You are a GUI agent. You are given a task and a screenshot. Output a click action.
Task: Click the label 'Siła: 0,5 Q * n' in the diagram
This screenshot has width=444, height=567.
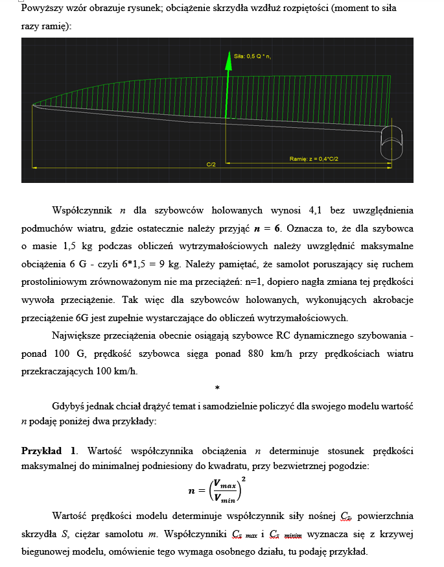point(253,56)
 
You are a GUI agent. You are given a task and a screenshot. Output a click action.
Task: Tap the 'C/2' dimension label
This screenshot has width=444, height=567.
point(211,165)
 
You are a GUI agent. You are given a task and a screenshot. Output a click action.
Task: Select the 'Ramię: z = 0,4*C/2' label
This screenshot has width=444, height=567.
point(314,158)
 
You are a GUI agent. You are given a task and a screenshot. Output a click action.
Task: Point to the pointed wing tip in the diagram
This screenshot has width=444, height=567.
point(34,105)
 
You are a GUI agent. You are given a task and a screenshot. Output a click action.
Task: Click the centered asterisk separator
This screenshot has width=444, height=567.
point(217,388)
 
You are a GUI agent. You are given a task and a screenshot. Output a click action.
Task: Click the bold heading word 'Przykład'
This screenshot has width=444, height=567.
point(41,450)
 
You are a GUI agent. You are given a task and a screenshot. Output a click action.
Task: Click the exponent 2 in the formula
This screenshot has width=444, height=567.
point(243,479)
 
